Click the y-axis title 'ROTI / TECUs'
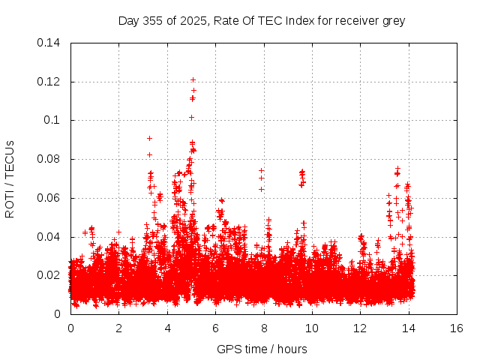pos(10,178)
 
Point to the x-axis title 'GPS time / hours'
pos(262,349)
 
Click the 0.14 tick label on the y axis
pos(49,43)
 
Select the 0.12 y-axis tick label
pos(49,82)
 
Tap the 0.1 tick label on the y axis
pos(52,120)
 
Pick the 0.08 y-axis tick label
pos(49,159)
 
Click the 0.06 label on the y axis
pos(49,198)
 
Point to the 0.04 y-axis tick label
pos(49,237)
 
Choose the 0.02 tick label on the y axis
pos(49,275)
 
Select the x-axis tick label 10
pos(312,328)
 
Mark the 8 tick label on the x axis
pos(264,328)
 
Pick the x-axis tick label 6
pos(215,328)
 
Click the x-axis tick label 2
pos(118,328)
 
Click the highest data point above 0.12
pos(193,79)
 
